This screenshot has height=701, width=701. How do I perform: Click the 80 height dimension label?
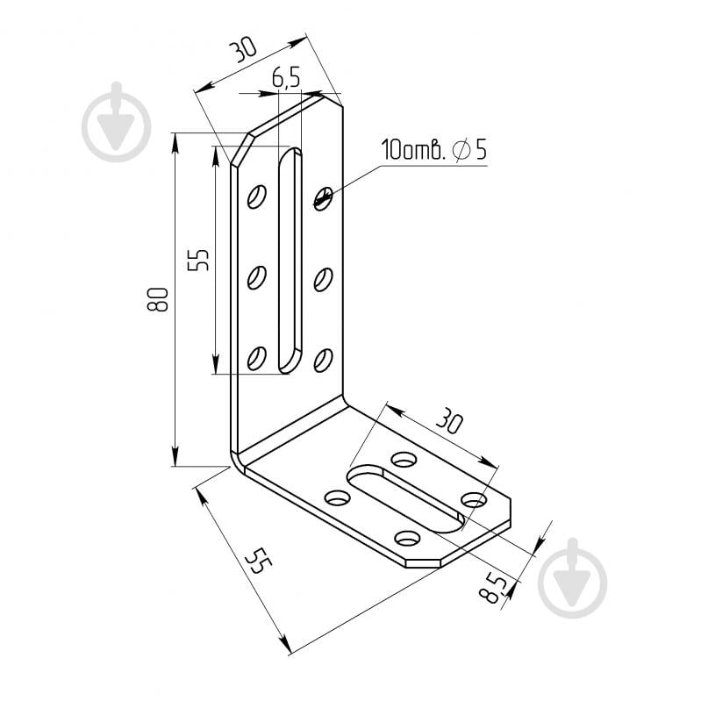157,301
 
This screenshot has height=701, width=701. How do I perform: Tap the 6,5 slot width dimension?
286,78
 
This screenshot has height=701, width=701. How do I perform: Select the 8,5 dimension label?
496,587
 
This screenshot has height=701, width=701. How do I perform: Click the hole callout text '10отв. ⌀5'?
433,150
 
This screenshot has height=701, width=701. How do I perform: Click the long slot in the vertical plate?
290,261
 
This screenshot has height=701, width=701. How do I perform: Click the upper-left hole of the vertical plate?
257,197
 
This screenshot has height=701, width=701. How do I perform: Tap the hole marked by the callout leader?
323,198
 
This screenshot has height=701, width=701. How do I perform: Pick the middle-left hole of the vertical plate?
257,277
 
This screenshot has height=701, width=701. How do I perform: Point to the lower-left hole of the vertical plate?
257,357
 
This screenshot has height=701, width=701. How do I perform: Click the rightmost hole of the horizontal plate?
474,500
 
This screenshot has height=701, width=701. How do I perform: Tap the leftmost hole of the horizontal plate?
337,497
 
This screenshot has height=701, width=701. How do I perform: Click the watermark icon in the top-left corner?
117,123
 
